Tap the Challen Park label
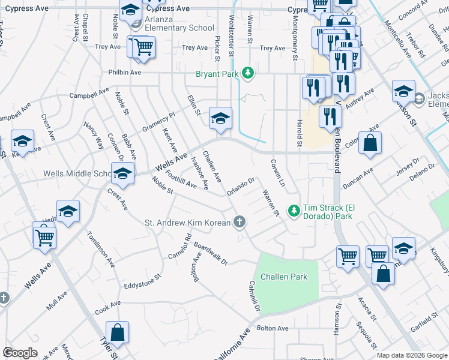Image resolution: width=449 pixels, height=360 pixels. coord(284,277)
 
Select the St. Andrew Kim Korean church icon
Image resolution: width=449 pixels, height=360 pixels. coord(240,223)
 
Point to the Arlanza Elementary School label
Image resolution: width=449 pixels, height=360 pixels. coord(179,28)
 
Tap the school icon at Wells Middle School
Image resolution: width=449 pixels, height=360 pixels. coord(122,173)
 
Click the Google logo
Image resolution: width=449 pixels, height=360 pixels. coord(20,353)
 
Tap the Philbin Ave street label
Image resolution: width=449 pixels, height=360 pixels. coord(124,72)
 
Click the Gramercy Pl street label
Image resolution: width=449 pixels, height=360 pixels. coord(158,122)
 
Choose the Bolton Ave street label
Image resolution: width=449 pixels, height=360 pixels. coord(273,328)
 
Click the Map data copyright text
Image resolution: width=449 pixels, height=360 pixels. coord(411,355)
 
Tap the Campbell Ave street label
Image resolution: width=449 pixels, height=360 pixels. coord(89,94)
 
